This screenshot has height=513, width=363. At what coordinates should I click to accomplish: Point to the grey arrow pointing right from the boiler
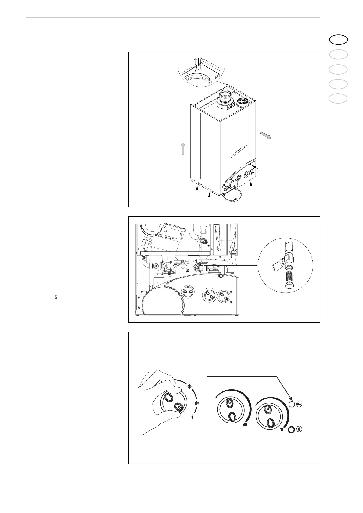(x=265, y=135)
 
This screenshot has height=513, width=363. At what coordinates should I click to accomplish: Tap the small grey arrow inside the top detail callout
(x=196, y=62)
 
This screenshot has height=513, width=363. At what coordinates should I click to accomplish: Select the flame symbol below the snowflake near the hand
(x=192, y=417)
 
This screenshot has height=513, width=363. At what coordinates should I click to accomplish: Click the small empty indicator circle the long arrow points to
(x=292, y=404)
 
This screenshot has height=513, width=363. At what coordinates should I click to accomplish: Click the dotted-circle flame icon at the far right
(x=300, y=430)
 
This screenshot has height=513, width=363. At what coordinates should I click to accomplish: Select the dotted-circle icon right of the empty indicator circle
(x=300, y=404)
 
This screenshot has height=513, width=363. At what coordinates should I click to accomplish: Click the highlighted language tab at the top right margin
(x=338, y=40)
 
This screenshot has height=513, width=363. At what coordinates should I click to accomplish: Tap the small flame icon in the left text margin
(x=56, y=297)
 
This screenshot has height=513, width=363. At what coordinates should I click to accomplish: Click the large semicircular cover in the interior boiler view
(x=164, y=301)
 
